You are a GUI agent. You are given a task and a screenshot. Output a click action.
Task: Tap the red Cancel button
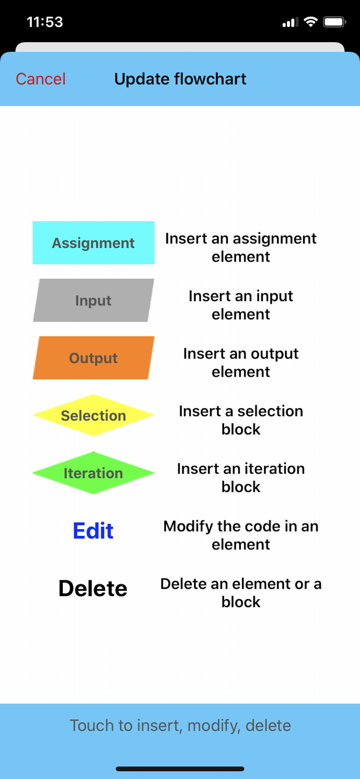(x=41, y=79)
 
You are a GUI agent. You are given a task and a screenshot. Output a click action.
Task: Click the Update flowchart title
(x=180, y=79)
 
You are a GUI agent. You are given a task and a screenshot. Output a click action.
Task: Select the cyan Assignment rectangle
(x=94, y=243)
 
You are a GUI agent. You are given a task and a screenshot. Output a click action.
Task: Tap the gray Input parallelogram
(x=94, y=300)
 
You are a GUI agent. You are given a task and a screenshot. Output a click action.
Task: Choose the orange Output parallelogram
(x=94, y=358)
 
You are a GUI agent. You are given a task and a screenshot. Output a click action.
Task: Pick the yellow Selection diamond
(x=94, y=415)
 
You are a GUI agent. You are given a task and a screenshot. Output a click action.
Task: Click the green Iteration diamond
(x=94, y=473)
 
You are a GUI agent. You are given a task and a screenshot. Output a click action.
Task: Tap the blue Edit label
(x=93, y=530)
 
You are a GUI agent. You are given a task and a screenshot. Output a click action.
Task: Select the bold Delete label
(x=93, y=588)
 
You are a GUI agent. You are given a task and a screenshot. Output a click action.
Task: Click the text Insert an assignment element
(x=241, y=247)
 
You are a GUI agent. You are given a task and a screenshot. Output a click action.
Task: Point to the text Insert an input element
(x=241, y=305)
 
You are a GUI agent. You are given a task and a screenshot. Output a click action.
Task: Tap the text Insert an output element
(x=241, y=363)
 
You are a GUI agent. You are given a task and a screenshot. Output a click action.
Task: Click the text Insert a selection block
(x=241, y=420)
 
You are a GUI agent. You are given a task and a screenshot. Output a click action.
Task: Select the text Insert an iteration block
(x=241, y=478)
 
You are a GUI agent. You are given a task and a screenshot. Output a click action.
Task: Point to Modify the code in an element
(x=241, y=535)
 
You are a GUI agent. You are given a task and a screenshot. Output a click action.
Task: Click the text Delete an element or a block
(x=241, y=593)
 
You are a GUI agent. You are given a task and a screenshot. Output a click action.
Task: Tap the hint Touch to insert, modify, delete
(x=180, y=726)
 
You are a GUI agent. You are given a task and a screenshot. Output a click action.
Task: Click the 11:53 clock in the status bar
(x=45, y=22)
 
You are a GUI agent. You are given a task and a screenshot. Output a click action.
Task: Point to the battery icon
(x=335, y=22)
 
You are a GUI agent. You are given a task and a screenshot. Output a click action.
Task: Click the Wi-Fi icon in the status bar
(x=311, y=22)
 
